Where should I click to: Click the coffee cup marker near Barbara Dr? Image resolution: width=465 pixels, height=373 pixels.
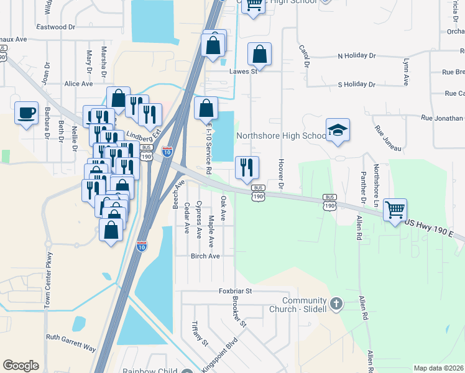coord(26,113)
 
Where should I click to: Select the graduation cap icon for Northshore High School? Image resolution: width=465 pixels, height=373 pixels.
coord(338,129)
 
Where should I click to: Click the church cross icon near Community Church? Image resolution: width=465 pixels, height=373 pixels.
coord(336,304)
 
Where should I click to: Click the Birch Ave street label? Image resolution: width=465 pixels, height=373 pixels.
coord(205,256)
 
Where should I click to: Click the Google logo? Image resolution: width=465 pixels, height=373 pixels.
coord(21,366)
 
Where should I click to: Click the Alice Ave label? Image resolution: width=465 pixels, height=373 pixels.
coord(78,84)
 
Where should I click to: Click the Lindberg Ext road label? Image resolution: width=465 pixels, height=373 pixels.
coord(144,134)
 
